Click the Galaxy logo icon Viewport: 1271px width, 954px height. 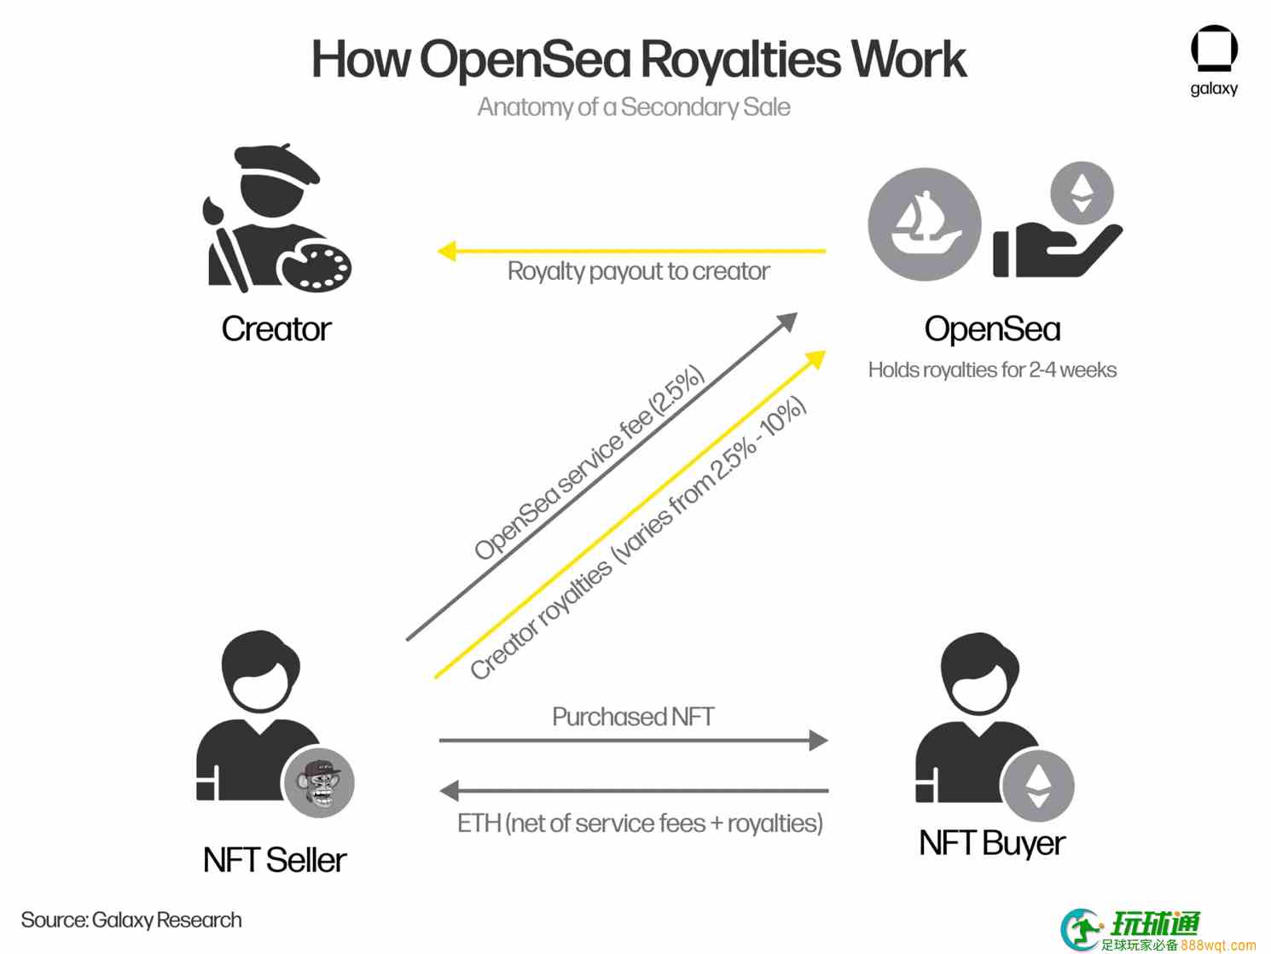pyautogui.click(x=1214, y=48)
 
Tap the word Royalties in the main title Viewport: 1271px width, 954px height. pyautogui.click(x=740, y=59)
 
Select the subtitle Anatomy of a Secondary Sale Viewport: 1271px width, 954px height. pyautogui.click(x=634, y=108)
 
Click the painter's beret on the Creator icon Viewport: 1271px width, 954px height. pyautogui.click(x=276, y=163)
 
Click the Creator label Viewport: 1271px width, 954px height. pyautogui.click(x=276, y=329)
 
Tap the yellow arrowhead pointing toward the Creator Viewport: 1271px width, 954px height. pyautogui.click(x=447, y=251)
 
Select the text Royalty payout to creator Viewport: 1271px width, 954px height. pyautogui.click(x=639, y=271)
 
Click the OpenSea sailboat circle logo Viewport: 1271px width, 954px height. pyautogui.click(x=924, y=224)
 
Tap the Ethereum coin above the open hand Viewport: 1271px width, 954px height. pyautogui.click(x=1082, y=193)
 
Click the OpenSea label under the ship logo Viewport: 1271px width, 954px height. pyautogui.click(x=992, y=329)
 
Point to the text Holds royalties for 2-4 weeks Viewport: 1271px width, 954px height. pyautogui.click(x=992, y=370)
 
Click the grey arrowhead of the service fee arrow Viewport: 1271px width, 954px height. pyautogui.click(x=789, y=322)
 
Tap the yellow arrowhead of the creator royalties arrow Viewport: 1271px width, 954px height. pyautogui.click(x=815, y=359)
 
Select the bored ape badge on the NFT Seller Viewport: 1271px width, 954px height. pyautogui.click(x=318, y=782)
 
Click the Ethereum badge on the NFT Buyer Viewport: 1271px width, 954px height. pyautogui.click(x=1037, y=786)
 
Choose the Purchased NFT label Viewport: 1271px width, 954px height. pyautogui.click(x=633, y=717)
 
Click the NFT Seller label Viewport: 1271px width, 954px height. pyautogui.click(x=275, y=860)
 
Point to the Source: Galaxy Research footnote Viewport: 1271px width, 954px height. pyautogui.click(x=131, y=921)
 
